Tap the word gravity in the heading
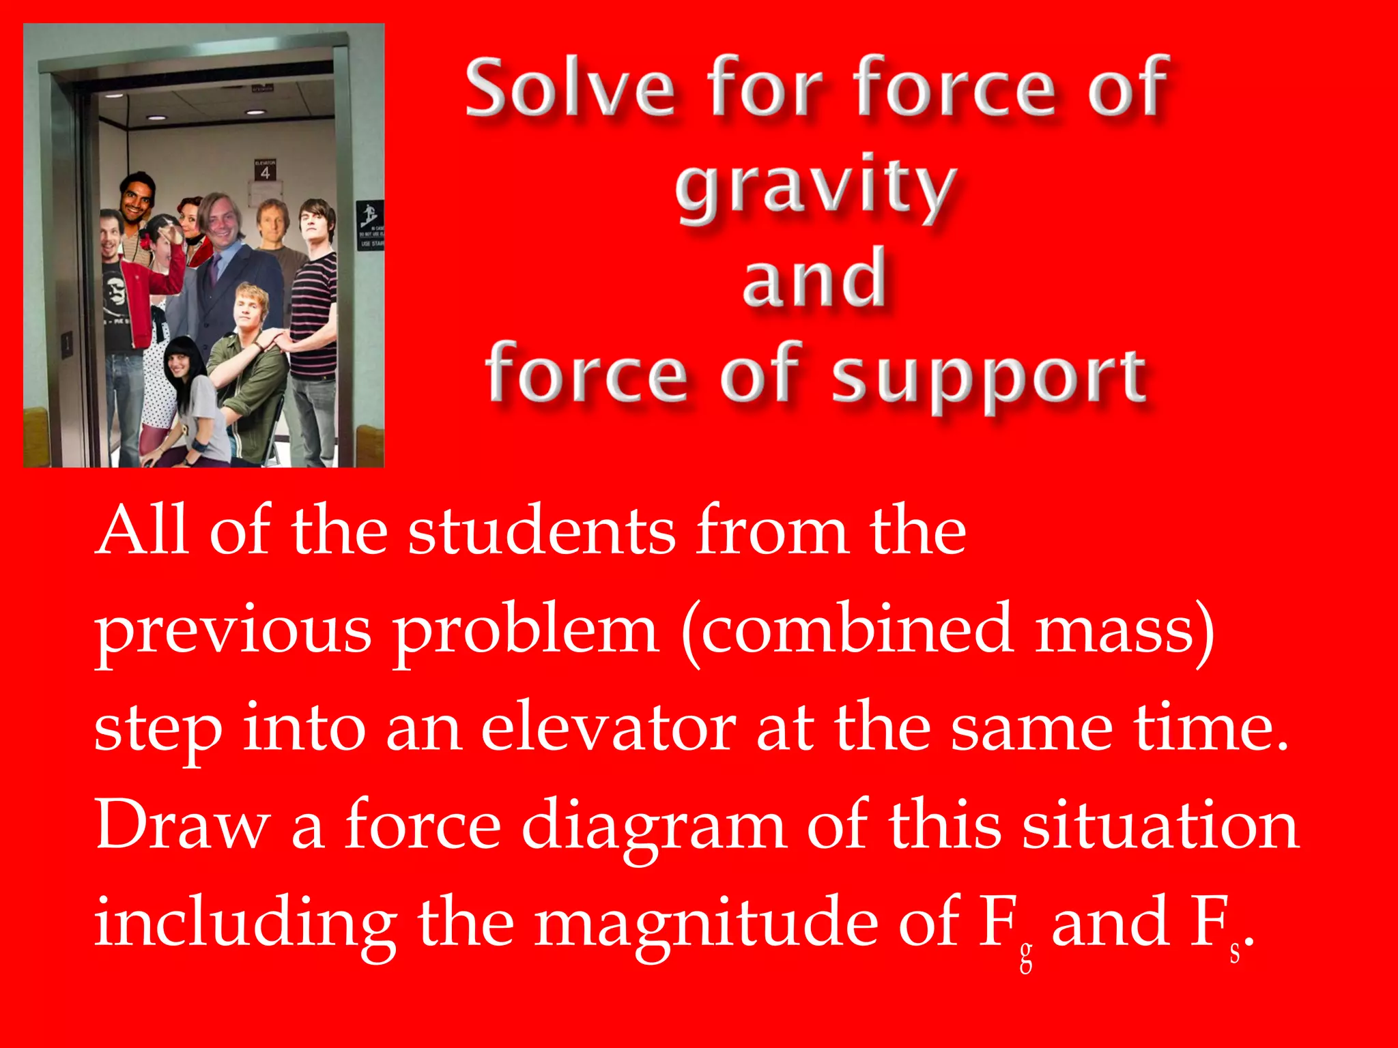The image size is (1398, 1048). [815, 187]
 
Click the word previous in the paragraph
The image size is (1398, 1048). [233, 631]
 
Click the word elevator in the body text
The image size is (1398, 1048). [608, 729]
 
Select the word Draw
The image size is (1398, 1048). [182, 825]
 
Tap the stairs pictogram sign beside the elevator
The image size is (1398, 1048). [370, 214]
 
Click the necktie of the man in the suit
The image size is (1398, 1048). [215, 269]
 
